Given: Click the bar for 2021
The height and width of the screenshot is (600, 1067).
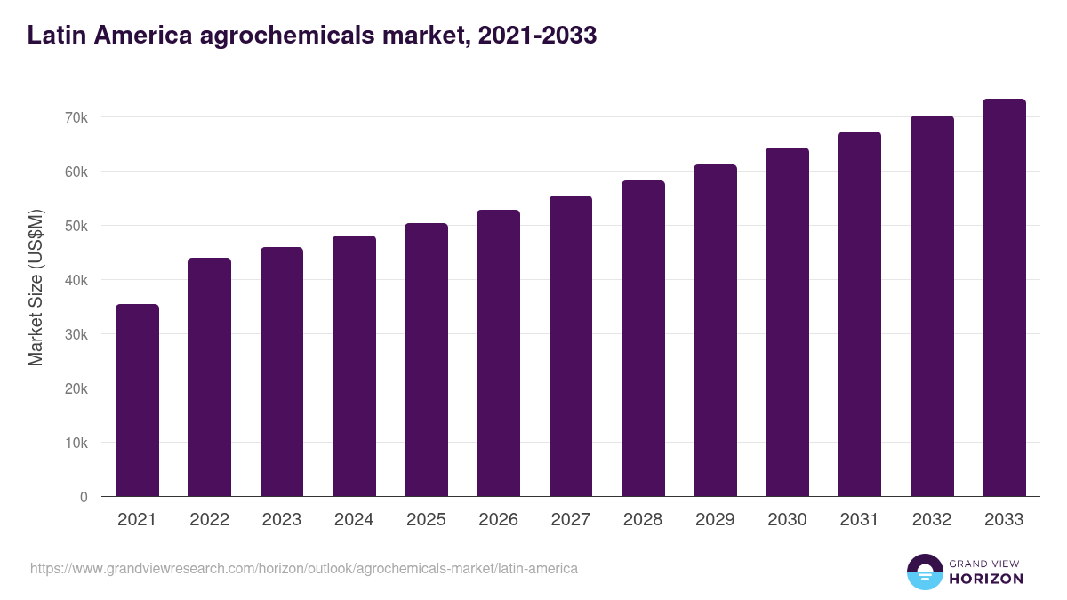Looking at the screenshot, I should [137, 400].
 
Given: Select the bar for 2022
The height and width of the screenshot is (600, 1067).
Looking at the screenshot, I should [209, 377].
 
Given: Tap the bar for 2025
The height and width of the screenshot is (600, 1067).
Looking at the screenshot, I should [426, 360].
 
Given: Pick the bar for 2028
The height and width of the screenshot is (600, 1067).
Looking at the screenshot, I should [643, 339].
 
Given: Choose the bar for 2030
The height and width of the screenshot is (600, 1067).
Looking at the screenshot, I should [787, 322].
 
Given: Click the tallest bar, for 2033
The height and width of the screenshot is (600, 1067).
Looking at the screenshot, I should [1004, 298].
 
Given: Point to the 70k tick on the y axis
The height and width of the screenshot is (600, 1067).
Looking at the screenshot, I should [76, 117].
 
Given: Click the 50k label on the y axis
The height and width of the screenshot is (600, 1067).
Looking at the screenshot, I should [76, 226].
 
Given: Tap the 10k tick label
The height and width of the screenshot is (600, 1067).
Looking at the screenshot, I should [76, 443].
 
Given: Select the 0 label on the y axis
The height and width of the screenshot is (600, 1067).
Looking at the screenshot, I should [84, 497].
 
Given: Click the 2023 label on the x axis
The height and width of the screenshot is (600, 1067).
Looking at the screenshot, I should [281, 520].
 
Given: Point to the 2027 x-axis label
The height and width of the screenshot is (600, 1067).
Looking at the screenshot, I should [570, 520].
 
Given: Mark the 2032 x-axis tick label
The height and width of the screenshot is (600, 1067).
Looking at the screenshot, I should [932, 520].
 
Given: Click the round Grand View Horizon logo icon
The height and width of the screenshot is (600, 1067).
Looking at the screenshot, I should [924, 572].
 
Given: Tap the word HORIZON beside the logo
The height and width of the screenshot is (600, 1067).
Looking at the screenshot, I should [985, 579].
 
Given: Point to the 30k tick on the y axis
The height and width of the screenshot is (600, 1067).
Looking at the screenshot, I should [76, 334].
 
